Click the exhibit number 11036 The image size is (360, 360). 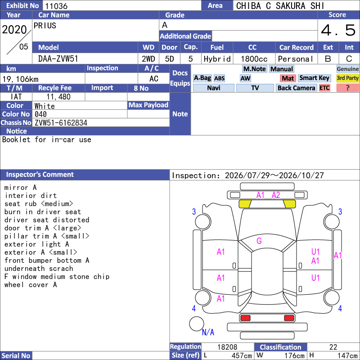tap(56, 6)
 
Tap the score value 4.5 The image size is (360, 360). tap(338, 30)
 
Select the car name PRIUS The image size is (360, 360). tap(45, 26)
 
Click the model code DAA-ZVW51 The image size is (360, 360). tap(58, 59)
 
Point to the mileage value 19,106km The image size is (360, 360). tap(20, 79)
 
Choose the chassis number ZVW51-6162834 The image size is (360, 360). tap(61, 123)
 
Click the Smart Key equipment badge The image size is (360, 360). tap(315, 78)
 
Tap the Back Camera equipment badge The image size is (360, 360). tap(296, 88)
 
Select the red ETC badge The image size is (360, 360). tap(324, 88)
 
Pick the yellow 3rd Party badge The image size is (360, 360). tap(347, 78)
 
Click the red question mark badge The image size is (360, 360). tap(347, 88)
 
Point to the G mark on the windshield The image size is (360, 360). tap(259, 241)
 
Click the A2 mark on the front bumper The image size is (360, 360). tap(276, 195)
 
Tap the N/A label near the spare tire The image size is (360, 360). tap(208, 332)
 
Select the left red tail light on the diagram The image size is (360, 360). tap(245, 318)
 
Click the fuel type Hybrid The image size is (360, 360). tap(217, 59)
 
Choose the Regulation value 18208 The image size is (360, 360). tap(227, 347)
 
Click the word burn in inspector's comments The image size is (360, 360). tap(13, 211)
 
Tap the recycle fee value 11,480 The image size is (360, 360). tap(58, 97)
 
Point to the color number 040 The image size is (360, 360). tap(40, 114)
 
